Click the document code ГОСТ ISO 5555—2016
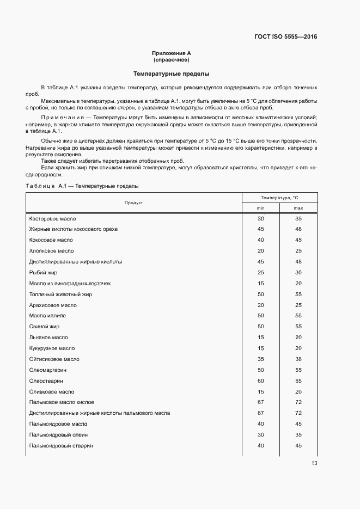(285, 37)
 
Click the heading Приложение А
(171, 53)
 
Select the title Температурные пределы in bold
(171, 73)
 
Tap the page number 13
(314, 463)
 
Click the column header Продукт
(133, 203)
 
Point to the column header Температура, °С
(279, 197)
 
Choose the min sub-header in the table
(260, 208)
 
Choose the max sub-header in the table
(298, 208)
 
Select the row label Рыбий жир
(43, 272)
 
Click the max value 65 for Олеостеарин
(298, 381)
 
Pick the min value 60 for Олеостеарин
(260, 381)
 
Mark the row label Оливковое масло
(52, 391)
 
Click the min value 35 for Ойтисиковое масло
(260, 359)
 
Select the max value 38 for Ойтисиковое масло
(298, 359)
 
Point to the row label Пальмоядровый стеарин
(61, 445)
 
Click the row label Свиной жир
(44, 327)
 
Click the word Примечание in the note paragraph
(64, 118)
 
